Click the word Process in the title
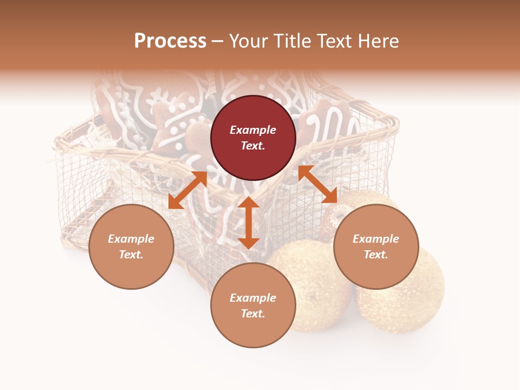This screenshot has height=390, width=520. [170, 41]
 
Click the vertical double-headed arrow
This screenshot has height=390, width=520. [249, 223]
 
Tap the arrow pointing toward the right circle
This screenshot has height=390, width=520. [317, 184]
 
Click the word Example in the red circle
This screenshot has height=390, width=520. [253, 130]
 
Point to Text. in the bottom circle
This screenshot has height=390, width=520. [253, 314]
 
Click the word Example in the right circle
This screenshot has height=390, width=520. [376, 239]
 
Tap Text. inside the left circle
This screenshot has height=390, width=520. [131, 255]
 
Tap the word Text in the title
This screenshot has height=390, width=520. [334, 41]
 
